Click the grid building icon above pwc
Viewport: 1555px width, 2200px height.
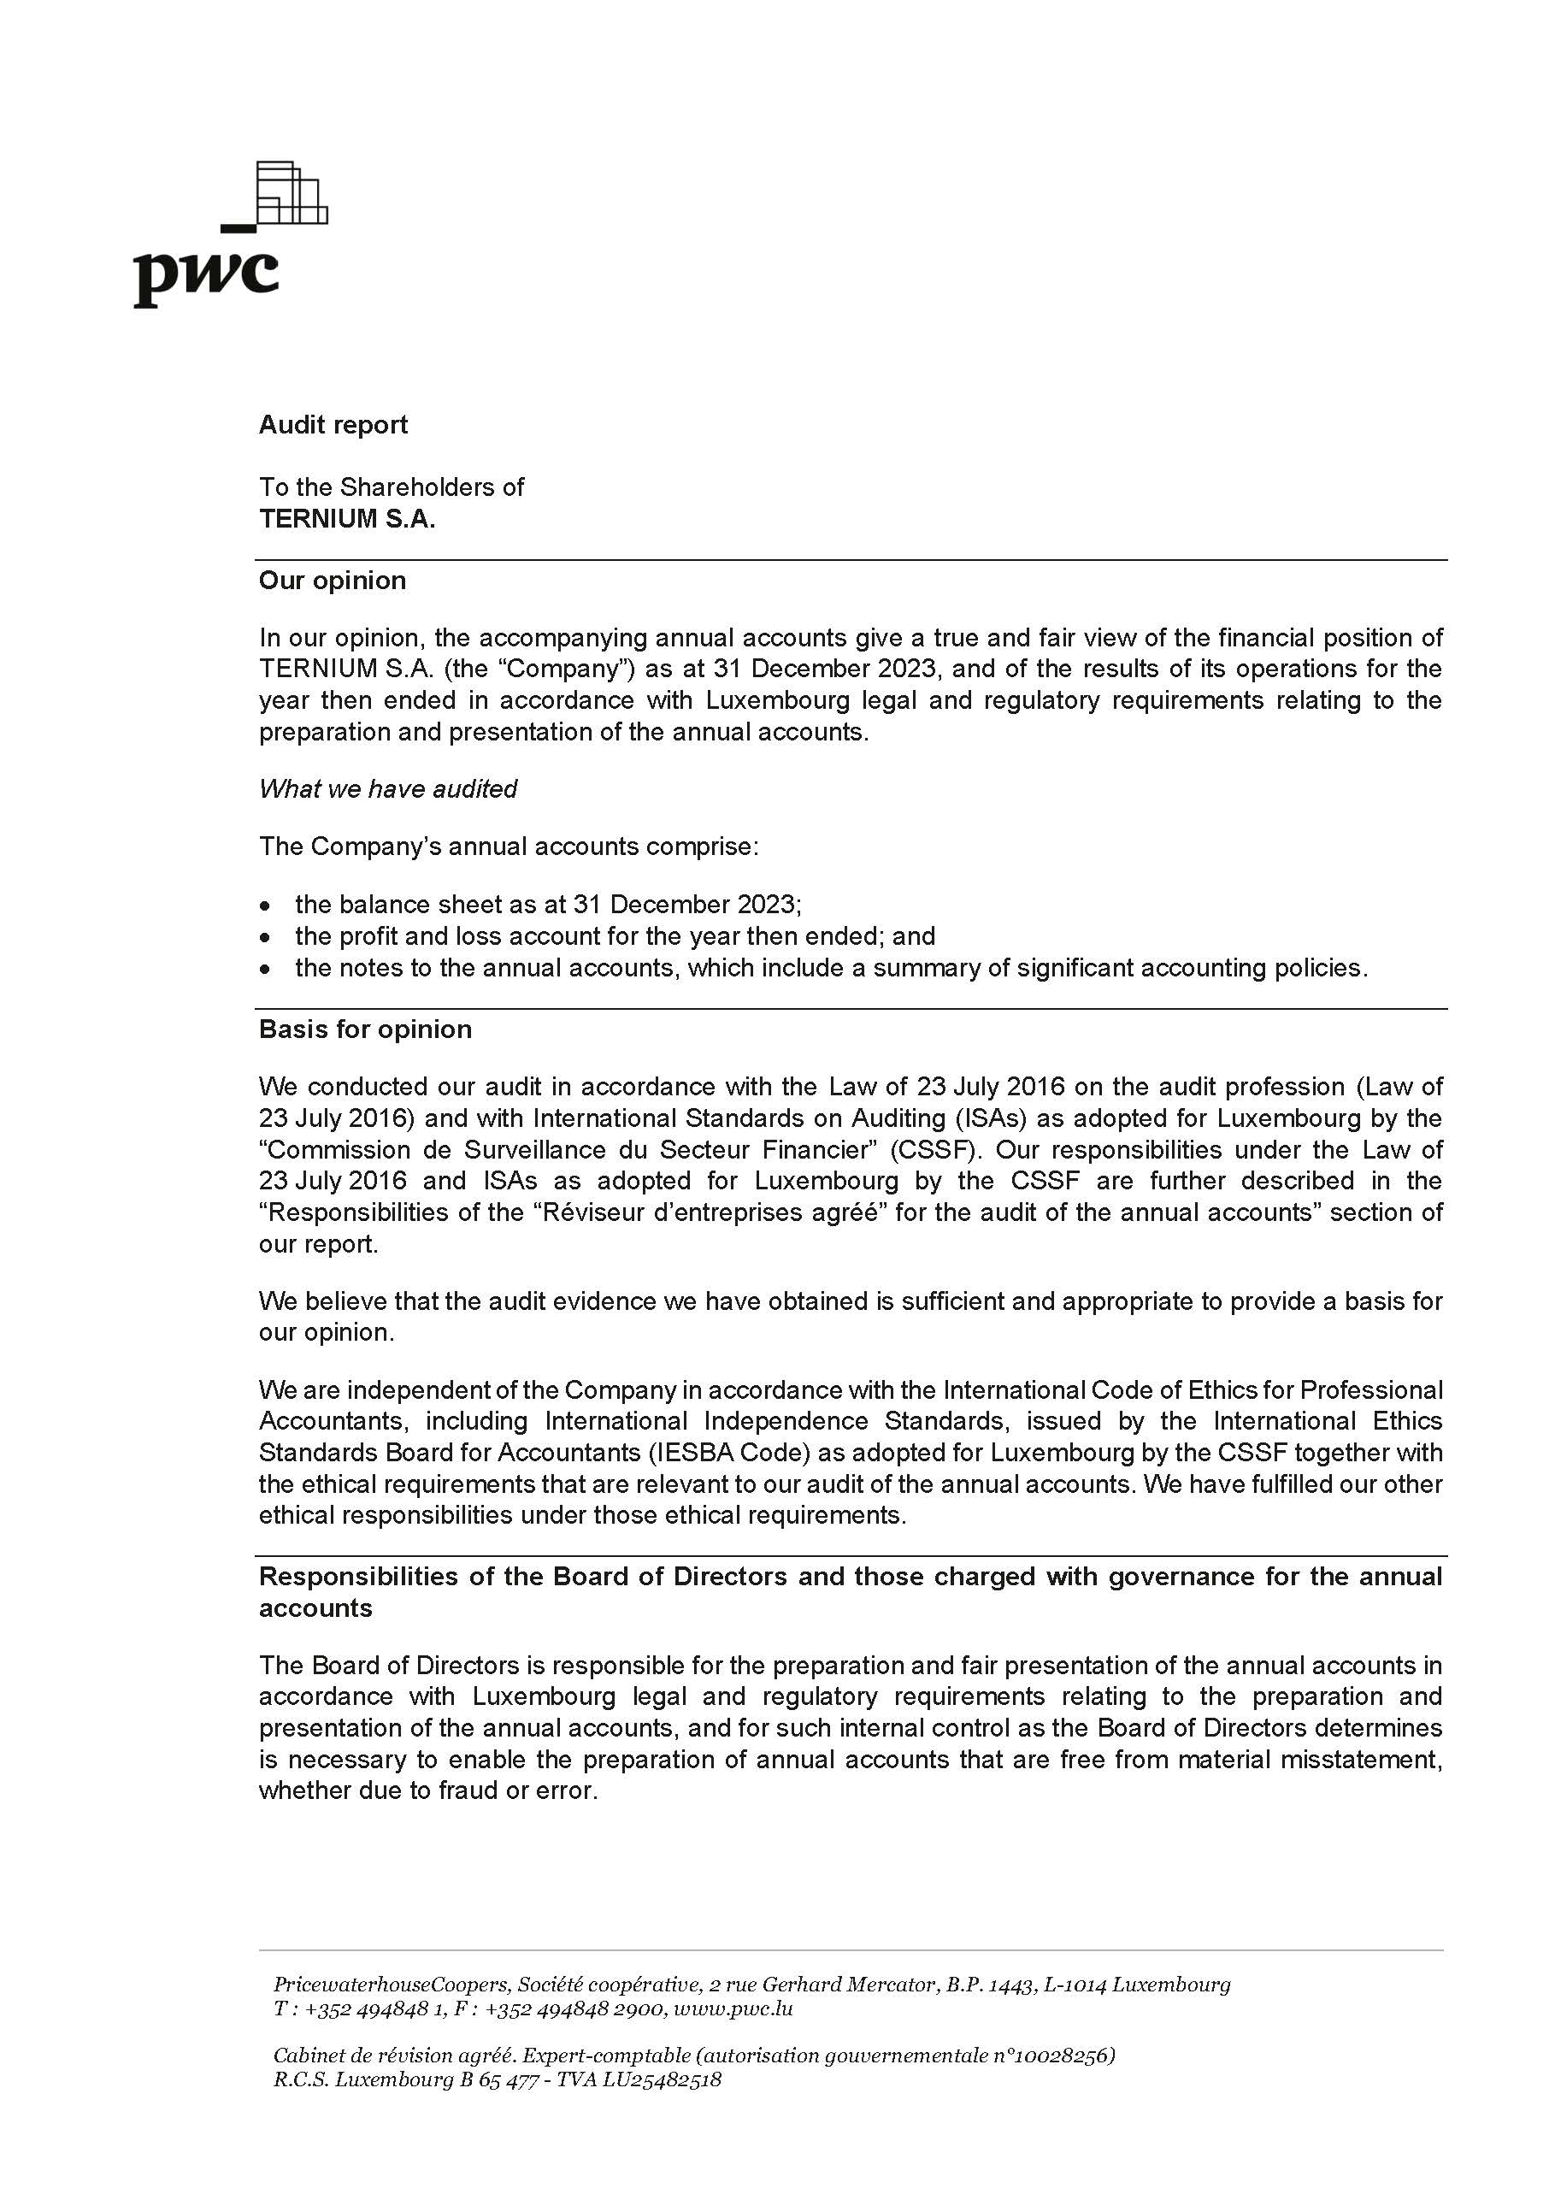[x=292, y=193]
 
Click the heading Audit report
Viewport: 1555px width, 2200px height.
[x=333, y=424]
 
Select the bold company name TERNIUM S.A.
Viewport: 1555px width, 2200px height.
[x=347, y=518]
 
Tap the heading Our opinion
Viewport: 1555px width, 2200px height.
[x=333, y=581]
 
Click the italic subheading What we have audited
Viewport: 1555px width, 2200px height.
[x=388, y=788]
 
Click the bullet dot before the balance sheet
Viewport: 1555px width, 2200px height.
[x=265, y=905]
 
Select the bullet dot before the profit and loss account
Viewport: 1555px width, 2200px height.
[x=265, y=937]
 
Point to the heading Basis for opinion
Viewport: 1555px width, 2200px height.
[x=365, y=1029]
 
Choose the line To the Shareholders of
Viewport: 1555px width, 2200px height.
[x=391, y=487]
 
